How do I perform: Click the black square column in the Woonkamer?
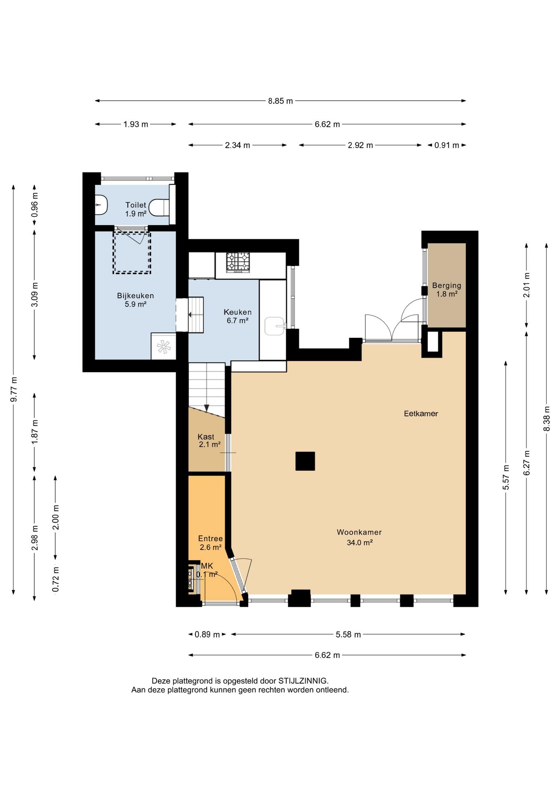[x=305, y=461]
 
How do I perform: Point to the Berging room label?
[x=447, y=285]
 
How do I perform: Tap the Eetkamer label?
[x=421, y=414]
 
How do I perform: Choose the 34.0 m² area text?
[x=360, y=543]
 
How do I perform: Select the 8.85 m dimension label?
[x=280, y=101]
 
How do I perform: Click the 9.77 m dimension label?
[x=14, y=390]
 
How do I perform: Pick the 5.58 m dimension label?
[x=348, y=635]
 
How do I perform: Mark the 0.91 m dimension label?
[x=447, y=145]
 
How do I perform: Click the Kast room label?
[x=206, y=437]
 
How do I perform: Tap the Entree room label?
[x=210, y=539]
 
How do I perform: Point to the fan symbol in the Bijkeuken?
[x=164, y=346]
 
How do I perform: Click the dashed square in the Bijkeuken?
[x=132, y=252]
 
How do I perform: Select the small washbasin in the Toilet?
[x=101, y=205]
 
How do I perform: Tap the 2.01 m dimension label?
[x=526, y=285]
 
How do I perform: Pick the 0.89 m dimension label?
[x=207, y=635]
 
